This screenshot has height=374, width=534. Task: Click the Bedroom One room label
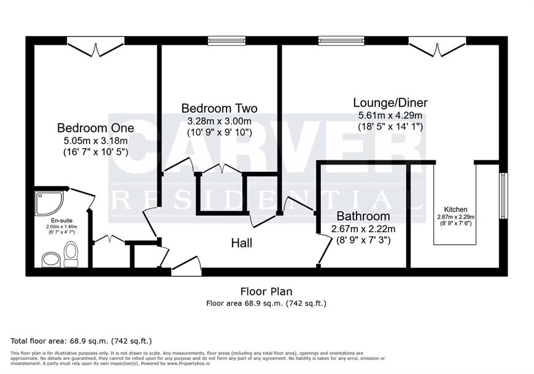[95, 128]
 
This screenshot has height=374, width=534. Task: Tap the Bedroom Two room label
[219, 108]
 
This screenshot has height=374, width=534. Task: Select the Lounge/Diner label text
[390, 103]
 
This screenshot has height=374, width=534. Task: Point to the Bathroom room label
[363, 216]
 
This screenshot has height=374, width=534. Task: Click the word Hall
[242, 243]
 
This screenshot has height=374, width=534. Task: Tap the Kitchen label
[455, 209]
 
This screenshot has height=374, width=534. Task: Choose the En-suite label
[62, 220]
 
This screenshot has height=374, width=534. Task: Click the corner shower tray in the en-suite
[49, 203]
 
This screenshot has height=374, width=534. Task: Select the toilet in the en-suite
[71, 254]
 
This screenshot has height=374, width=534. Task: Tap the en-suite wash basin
[51, 260]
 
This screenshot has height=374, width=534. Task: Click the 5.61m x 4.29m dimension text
[390, 115]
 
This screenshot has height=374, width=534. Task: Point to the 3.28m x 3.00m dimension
[219, 121]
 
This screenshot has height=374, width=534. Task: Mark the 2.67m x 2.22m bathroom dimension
[363, 229]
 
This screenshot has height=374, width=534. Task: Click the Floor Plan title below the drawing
[266, 292]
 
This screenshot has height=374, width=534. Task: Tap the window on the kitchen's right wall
[503, 196]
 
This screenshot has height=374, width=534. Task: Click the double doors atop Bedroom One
[96, 47]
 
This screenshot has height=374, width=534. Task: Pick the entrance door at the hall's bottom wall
[186, 266]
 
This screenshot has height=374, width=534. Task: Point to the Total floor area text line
[81, 341]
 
